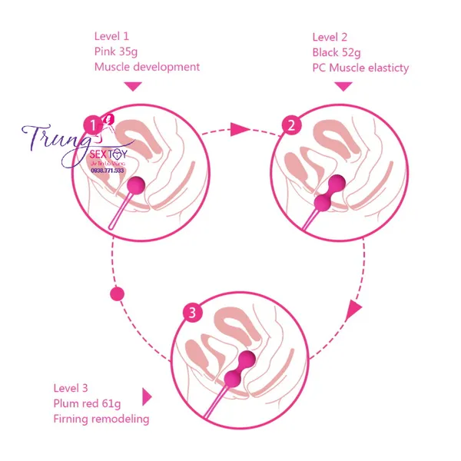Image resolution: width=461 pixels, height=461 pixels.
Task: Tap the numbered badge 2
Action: [x=290, y=124]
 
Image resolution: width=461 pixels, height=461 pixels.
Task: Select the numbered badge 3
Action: [x=193, y=313]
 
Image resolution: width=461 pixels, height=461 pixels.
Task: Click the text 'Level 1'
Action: [x=112, y=36]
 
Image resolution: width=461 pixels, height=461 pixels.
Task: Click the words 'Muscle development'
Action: [x=147, y=67]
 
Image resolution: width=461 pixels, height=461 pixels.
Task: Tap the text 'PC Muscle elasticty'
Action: [x=360, y=68]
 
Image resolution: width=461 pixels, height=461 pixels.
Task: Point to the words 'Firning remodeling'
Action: [x=101, y=419]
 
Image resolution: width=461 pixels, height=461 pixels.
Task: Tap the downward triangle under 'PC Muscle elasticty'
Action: [x=343, y=86]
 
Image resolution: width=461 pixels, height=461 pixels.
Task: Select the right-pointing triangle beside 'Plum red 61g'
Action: [x=147, y=397]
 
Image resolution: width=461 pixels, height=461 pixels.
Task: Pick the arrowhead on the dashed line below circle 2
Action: [x=353, y=310]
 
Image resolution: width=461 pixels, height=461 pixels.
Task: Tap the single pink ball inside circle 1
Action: [x=136, y=184]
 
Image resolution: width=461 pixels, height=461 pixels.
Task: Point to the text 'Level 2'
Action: [x=330, y=37]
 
